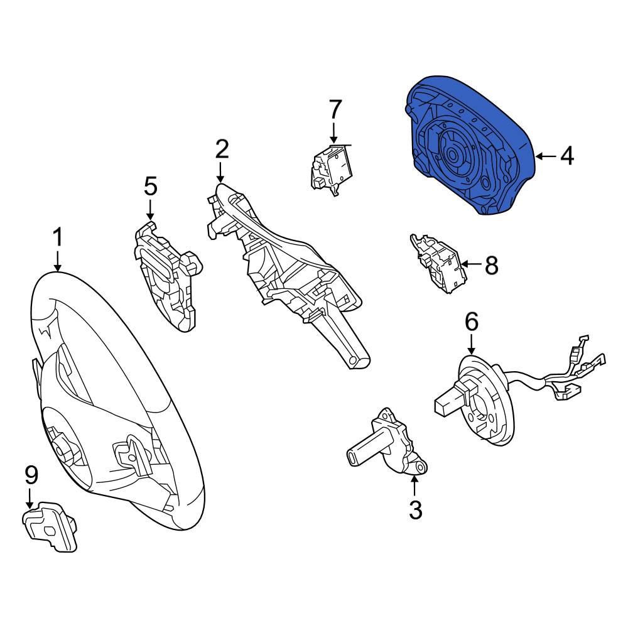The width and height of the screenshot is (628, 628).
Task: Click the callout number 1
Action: coord(57,239)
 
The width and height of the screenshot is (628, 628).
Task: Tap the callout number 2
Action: coord(221,149)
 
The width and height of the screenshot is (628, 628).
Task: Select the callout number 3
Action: coord(415,510)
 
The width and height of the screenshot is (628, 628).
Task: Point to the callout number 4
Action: coord(567,156)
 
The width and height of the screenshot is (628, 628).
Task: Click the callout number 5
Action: coord(151,186)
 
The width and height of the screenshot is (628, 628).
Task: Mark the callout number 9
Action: coord(31,475)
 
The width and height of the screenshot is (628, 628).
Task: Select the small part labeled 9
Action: coord(49,526)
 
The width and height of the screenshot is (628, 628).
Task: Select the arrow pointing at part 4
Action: coord(544,156)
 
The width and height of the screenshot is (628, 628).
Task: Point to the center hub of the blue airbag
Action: coord(452,153)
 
